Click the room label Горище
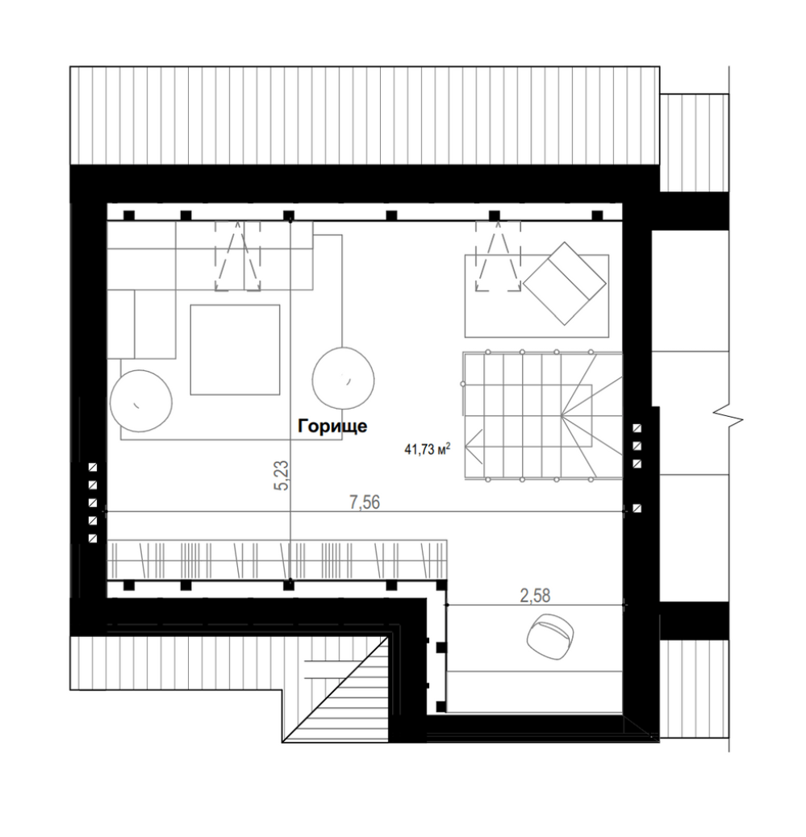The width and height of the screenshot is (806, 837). coord(332,427)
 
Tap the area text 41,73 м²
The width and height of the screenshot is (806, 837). coord(427,449)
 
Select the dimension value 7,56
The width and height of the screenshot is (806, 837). coord(365,502)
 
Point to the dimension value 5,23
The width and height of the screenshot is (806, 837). coord(282,475)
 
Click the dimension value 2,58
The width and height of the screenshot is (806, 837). coord(535,596)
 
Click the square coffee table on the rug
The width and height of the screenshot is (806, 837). coord(235,350)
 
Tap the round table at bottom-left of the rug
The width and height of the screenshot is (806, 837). coord(141,401)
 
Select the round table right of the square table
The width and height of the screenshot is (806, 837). coord(343,378)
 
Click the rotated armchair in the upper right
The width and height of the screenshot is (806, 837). coord(565,284)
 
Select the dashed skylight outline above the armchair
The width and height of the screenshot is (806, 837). coord(498,256)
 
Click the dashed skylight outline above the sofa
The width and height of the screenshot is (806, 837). coord(238,256)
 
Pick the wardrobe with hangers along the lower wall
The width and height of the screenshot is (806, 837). coord(278,560)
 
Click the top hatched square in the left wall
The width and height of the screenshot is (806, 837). coord(93,468)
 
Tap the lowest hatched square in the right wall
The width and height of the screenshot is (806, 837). coord(637,509)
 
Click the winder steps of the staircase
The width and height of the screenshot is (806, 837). coord(591,415)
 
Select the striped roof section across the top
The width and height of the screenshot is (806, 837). coord(365,115)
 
